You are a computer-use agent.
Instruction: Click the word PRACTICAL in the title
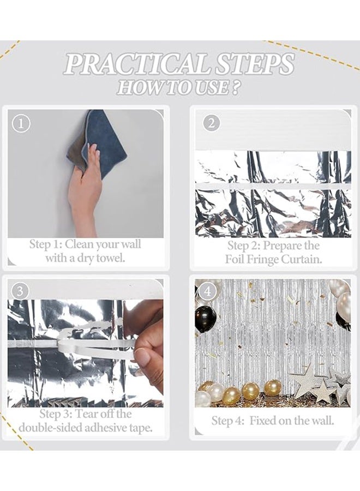pyautogui.click(x=136, y=64)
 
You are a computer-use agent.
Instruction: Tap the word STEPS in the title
pyautogui.click(x=251, y=64)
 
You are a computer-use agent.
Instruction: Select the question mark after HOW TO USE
pyautogui.click(x=235, y=87)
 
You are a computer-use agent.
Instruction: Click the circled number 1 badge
pyautogui.click(x=21, y=124)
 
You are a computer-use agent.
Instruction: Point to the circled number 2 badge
pyautogui.click(x=212, y=123)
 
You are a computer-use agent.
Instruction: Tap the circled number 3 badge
pyautogui.click(x=20, y=291)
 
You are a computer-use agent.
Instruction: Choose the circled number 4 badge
pyautogui.click(x=208, y=292)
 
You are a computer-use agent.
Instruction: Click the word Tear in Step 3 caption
pyautogui.click(x=85, y=414)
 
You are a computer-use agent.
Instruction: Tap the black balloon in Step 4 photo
pyautogui.click(x=205, y=319)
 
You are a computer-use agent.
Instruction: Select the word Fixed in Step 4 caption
pyautogui.click(x=262, y=421)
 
